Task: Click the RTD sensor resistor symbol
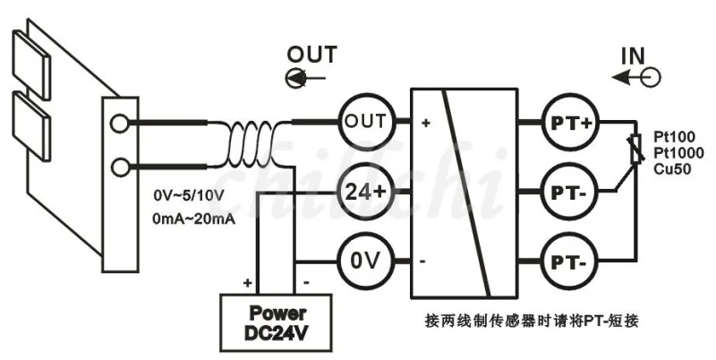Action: [x=635, y=149]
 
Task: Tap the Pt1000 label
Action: [x=678, y=153]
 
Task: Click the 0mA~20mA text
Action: [x=194, y=219]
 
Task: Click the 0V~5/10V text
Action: [x=189, y=196]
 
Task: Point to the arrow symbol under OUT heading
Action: [x=305, y=78]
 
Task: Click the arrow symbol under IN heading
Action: [x=636, y=78]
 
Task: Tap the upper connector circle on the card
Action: [x=120, y=123]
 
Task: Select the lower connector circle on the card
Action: [x=120, y=167]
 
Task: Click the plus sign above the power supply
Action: [x=248, y=283]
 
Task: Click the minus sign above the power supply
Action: [x=306, y=283]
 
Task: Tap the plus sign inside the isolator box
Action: [x=426, y=123]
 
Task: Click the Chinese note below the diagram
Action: [x=532, y=321]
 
